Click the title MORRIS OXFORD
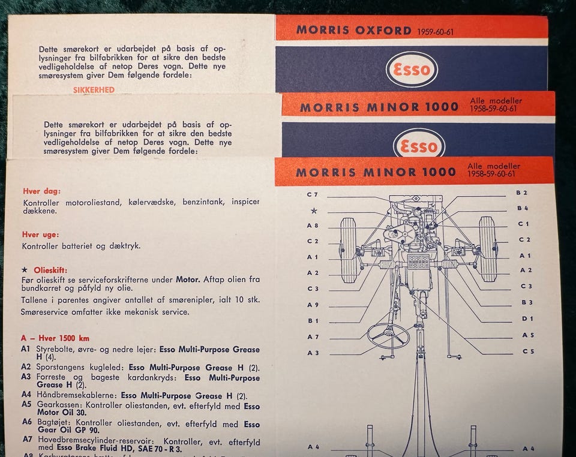tap(354, 30)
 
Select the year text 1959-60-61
tap(436, 32)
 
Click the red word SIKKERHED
tap(94, 90)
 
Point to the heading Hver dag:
tap(41, 191)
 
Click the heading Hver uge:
tap(40, 234)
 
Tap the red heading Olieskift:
tap(50, 270)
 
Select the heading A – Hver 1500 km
tap(55, 338)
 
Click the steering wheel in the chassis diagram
tap(388, 335)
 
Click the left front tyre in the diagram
tap(348, 250)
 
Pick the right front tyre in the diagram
tap(487, 249)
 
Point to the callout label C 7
tap(312, 194)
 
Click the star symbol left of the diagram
tap(314, 211)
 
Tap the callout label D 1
tap(527, 318)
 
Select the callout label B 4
tap(523, 208)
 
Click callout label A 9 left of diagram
tap(313, 305)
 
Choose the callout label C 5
tap(528, 351)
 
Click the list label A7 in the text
tap(27, 439)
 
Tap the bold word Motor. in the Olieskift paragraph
tap(188, 279)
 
